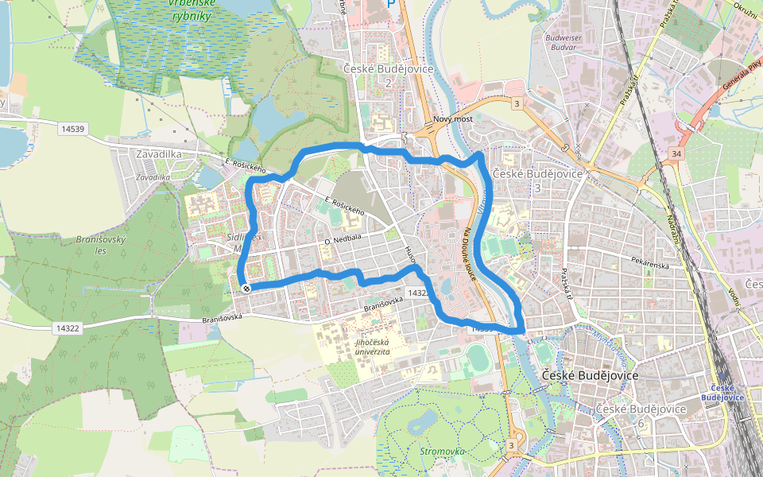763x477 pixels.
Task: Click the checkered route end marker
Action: pyautogui.click(x=246, y=288)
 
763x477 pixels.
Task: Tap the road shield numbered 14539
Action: pyautogui.click(x=72, y=127)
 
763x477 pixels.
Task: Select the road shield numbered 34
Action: pyautogui.click(x=676, y=153)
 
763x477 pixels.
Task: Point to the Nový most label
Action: pyautogui.click(x=453, y=119)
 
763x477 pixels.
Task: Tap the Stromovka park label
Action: pyautogui.click(x=442, y=452)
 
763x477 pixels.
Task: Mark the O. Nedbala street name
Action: pyautogui.click(x=343, y=237)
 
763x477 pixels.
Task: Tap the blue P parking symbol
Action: pyautogui.click(x=390, y=4)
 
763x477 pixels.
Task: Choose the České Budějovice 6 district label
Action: pyautogui.click(x=641, y=415)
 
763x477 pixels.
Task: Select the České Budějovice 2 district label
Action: pyautogui.click(x=389, y=75)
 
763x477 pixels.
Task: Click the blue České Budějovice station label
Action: pyautogui.click(x=723, y=393)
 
